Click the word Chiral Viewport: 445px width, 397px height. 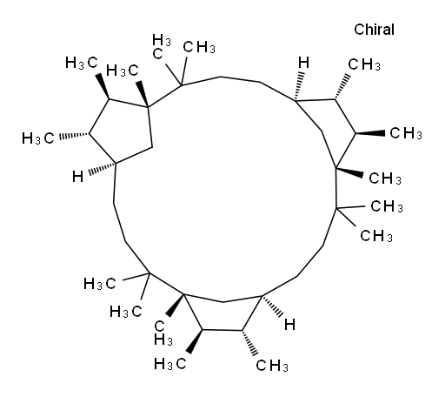[374, 30]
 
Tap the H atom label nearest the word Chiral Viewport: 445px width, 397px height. [304, 63]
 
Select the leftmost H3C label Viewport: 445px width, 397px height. [38, 138]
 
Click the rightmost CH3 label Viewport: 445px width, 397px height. [406, 133]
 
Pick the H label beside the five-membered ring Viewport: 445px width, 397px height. [77, 177]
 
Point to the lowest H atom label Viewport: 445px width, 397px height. [289, 325]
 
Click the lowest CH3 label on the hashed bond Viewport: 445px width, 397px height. [272, 366]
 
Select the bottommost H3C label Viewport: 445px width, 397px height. [170, 364]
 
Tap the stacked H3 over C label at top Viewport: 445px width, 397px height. [161, 47]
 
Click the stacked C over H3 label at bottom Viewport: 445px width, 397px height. [163, 333]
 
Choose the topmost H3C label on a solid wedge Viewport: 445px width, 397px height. [82, 63]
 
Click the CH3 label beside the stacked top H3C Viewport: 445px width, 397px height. [199, 47]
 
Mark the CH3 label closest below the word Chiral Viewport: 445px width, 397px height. [364, 64]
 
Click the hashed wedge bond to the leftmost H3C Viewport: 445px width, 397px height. [74, 136]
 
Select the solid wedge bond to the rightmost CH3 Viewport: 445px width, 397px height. [370, 133]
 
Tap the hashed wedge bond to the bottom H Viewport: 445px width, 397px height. [272, 306]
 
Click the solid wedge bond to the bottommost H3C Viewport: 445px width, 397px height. [195, 341]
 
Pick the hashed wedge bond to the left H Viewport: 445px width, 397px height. [103, 169]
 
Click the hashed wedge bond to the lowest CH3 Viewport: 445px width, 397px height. [249, 343]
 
